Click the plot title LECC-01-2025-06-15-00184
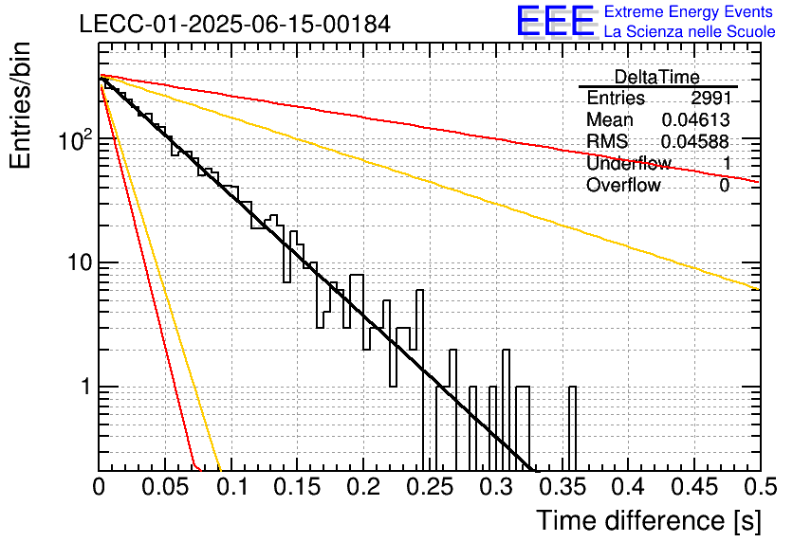[x=235, y=24]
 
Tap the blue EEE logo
[x=555, y=22]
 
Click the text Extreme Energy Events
[x=689, y=11]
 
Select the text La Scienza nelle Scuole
[x=690, y=32]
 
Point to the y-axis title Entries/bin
[x=21, y=106]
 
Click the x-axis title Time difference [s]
[x=649, y=521]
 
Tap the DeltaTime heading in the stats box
[x=657, y=77]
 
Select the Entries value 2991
[x=711, y=98]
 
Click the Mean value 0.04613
[x=696, y=119]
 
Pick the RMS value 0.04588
[x=695, y=141]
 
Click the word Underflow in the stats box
[x=629, y=163]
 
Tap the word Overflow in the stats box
[x=623, y=185]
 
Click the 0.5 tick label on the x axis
[x=760, y=487]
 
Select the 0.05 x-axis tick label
[x=165, y=487]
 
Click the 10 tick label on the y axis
[x=80, y=262]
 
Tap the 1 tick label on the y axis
[x=85, y=387]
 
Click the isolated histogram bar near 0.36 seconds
[x=573, y=429]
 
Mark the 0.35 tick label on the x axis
[x=562, y=487]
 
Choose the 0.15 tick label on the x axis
[x=298, y=487]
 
